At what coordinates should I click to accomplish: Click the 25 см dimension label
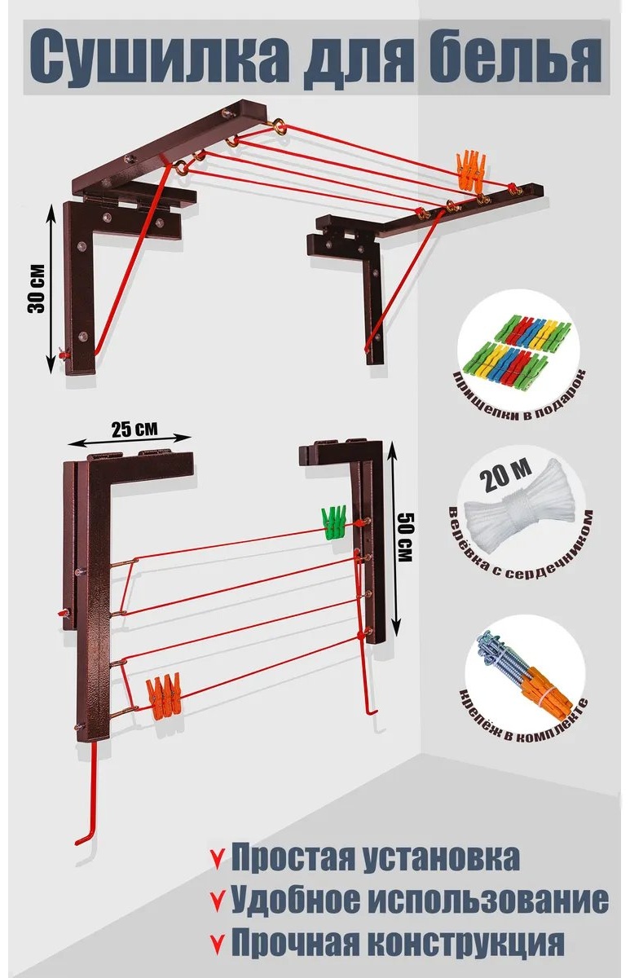coord(134,429)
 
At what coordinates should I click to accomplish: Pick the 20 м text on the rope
coord(506,474)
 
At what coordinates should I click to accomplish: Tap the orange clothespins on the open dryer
coord(470,170)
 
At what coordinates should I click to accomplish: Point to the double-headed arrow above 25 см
coord(130,439)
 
